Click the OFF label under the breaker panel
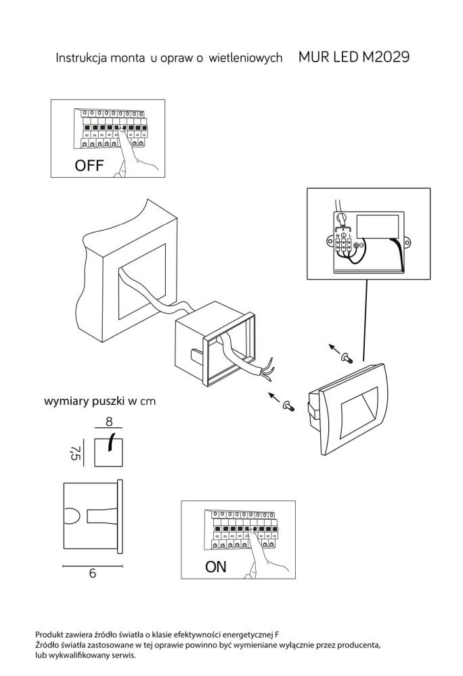[x=89, y=165]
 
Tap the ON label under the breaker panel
[x=216, y=566]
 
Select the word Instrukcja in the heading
[x=79, y=58]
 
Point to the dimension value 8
[x=108, y=422]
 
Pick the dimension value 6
[x=91, y=573]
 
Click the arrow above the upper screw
[x=334, y=347]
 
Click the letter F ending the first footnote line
[x=277, y=635]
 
